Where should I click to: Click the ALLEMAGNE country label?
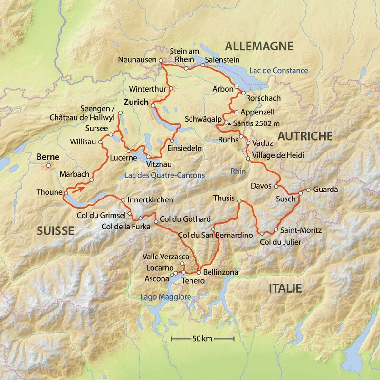tap(259, 46)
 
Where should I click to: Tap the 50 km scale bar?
tap(203, 339)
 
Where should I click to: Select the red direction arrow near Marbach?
tap(81, 188)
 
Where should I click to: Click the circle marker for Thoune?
tap(66, 192)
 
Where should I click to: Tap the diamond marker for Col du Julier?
tap(261, 233)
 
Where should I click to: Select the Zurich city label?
tap(134, 102)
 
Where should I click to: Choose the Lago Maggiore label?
tap(165, 297)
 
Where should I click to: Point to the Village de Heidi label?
tap(277, 156)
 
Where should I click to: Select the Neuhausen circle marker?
tap(161, 61)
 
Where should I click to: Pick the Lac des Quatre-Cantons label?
tap(164, 176)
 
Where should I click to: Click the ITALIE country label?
tap(285, 288)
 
